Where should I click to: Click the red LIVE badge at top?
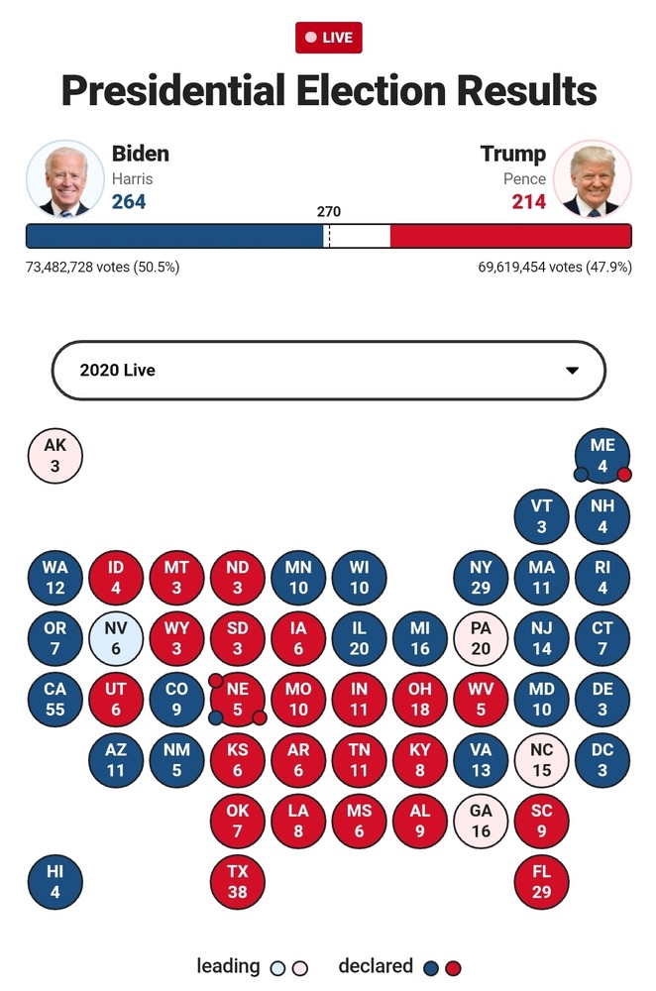coord(329,38)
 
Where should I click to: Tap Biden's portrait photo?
coord(65,179)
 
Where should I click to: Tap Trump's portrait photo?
coord(592,179)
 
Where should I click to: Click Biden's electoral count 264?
coord(129,202)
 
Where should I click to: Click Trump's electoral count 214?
coord(528,202)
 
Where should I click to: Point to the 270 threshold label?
coord(328,212)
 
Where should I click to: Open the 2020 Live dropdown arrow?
coord(572,371)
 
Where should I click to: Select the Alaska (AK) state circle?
coord(55,456)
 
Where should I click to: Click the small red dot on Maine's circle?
coord(624,475)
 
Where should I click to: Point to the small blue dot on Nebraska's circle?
coord(216,717)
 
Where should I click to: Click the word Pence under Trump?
coord(524,179)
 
